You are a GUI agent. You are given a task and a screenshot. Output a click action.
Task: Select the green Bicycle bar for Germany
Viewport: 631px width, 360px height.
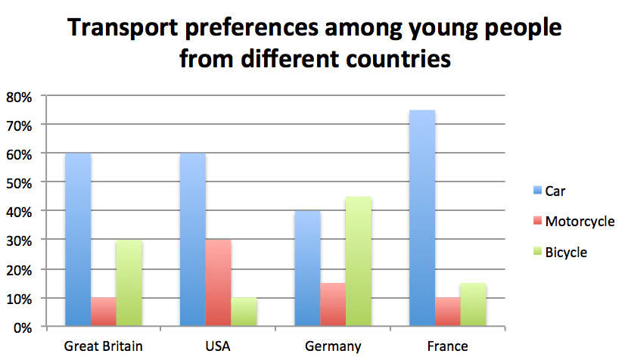359,262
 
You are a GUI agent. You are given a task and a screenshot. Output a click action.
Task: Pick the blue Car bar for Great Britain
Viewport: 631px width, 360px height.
78,240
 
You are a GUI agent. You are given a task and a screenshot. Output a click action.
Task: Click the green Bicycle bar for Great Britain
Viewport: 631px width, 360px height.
129,284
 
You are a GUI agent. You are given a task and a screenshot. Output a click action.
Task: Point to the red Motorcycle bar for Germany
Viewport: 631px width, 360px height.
333,305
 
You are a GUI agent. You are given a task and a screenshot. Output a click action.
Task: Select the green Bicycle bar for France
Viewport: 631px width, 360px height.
473,305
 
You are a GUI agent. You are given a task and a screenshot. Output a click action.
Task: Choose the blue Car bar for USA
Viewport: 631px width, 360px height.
193,240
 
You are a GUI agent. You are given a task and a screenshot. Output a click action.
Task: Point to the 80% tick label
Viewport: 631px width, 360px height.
20,97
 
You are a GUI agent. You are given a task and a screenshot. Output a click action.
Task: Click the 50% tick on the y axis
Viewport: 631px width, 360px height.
20,183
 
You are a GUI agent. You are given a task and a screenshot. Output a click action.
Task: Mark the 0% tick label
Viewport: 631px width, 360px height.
23,327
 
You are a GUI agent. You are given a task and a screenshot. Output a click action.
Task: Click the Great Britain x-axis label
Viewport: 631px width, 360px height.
104,346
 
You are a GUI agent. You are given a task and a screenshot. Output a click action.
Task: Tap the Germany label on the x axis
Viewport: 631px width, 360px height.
333,346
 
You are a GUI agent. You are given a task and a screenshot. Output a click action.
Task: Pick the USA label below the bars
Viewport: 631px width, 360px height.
219,346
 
